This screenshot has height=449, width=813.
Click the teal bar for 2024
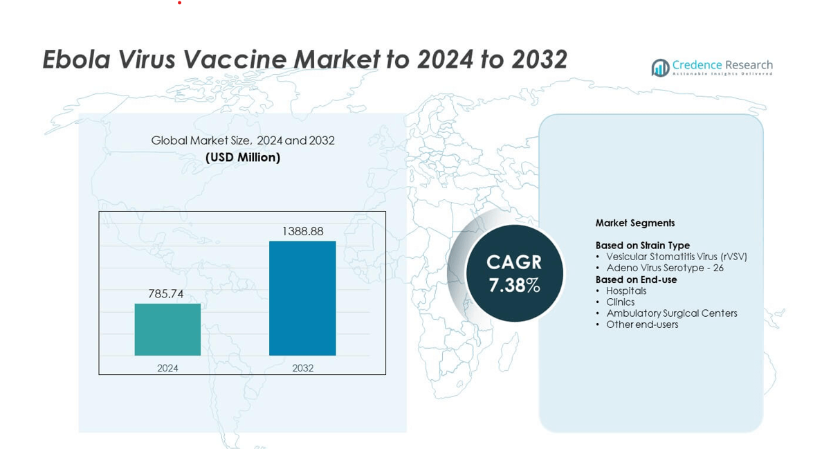tap(167, 329)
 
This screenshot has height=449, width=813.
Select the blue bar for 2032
tap(302, 298)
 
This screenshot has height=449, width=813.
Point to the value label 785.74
tap(166, 294)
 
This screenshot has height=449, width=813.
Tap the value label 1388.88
tap(302, 231)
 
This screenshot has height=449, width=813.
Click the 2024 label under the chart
tap(167, 368)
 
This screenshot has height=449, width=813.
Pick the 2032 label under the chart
tap(302, 368)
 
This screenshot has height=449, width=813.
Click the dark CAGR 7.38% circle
tap(514, 273)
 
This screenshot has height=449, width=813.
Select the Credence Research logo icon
tap(660, 67)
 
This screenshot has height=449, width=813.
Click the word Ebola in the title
tap(76, 60)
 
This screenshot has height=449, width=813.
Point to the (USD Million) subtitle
tap(243, 158)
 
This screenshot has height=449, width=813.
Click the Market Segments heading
tap(634, 223)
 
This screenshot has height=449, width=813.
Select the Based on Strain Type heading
tap(642, 246)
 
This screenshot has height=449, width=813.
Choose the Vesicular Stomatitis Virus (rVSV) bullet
tap(676, 257)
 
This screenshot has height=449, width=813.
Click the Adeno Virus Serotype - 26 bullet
tap(664, 268)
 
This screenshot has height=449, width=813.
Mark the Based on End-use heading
tap(636, 280)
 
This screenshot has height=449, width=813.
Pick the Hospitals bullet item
tap(625, 291)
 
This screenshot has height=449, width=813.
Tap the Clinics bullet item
tap(620, 302)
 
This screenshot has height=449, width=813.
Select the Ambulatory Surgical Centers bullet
tap(671, 313)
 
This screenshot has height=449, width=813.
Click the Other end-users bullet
tap(641, 324)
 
